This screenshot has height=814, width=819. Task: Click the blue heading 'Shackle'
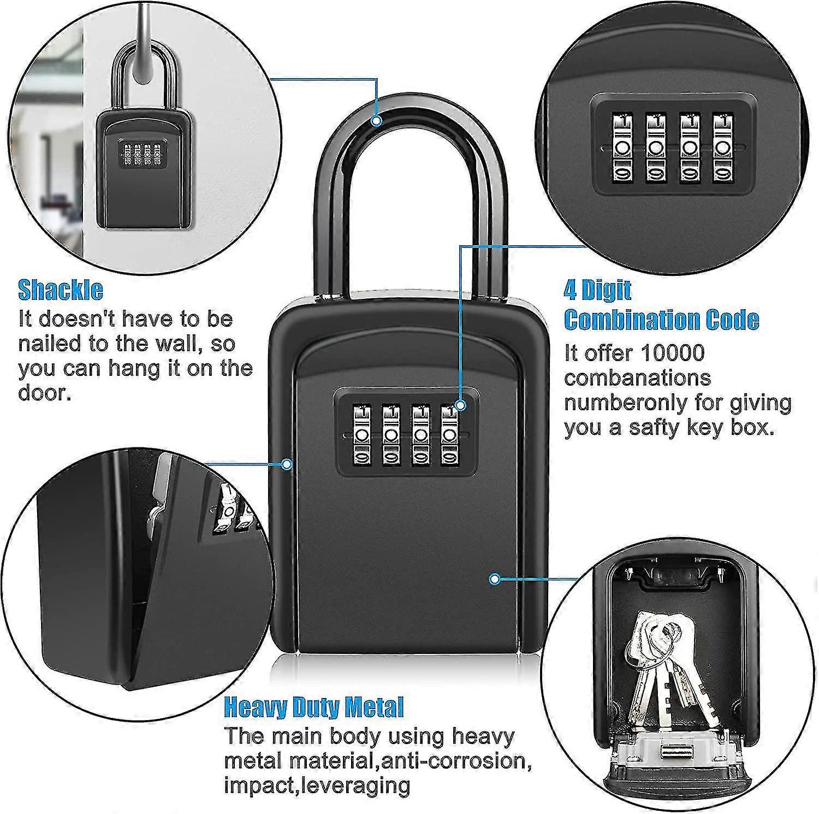(x=61, y=290)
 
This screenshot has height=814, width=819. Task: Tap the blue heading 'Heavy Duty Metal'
(x=314, y=707)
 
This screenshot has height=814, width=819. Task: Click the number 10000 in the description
(x=673, y=353)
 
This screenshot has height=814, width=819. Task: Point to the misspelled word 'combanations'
(x=638, y=378)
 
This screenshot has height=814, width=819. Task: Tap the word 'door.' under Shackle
(x=45, y=393)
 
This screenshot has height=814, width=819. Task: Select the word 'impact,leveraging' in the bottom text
(x=317, y=785)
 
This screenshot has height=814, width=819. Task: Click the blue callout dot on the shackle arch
(x=376, y=121)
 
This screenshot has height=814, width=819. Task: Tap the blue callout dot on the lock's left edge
(x=287, y=464)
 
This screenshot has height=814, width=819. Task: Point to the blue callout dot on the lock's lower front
(x=495, y=579)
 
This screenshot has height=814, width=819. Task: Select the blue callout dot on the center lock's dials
(x=461, y=405)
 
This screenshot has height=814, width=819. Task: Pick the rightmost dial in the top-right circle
(x=723, y=148)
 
